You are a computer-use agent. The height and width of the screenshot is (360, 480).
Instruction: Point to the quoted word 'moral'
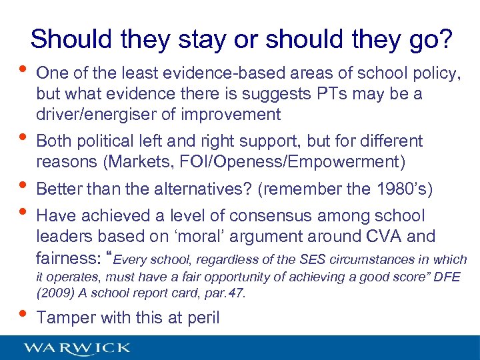pos(210,237)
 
